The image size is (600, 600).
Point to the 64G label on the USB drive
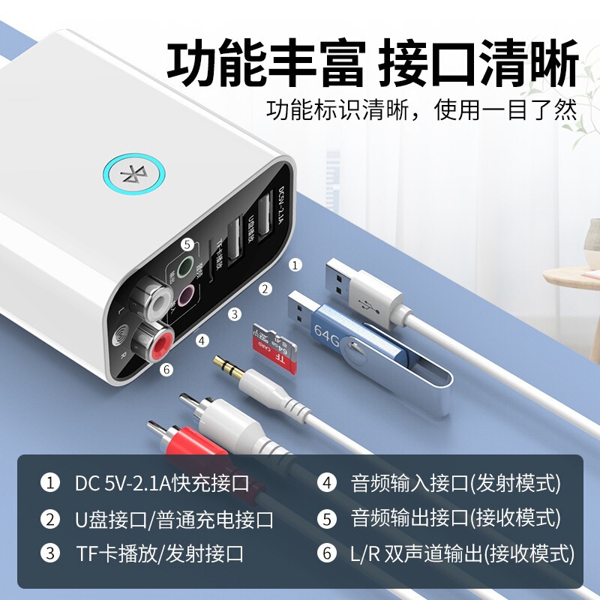coord(327,331)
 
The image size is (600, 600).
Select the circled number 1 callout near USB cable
coord(295,265)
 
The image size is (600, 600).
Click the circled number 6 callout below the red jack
coord(167,369)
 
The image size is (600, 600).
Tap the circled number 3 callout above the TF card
coord(235,314)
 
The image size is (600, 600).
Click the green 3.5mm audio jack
coord(186,265)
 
